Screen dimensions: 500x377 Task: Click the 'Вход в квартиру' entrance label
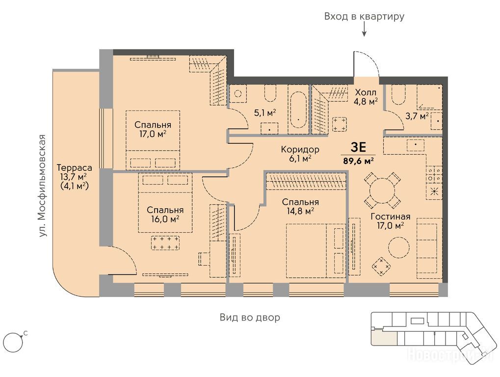pos(364,16)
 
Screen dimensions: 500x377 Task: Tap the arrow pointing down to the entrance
pos(364,30)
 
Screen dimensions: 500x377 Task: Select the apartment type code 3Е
pos(358,147)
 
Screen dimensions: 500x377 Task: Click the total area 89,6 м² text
pos(358,161)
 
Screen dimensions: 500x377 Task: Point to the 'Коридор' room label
pos(300,149)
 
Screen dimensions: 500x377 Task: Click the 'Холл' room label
pos(366,92)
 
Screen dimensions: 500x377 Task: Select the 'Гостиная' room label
pos(390,216)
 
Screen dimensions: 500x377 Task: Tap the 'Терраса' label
pos(74,167)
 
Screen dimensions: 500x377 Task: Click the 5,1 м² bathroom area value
pos(265,112)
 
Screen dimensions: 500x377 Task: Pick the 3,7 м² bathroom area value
pos(417,116)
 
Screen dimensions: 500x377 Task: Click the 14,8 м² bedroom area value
pos(300,211)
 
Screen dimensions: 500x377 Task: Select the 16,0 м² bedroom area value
pos(165,219)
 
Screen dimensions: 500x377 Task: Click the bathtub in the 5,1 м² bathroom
pos(298,109)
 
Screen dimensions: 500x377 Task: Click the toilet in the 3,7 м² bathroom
pos(398,94)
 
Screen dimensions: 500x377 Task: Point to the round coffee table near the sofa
pos(398,247)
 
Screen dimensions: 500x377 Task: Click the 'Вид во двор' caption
pos(250,317)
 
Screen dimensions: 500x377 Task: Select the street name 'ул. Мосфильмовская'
pos(42,186)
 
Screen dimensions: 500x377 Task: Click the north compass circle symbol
pos(13,343)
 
